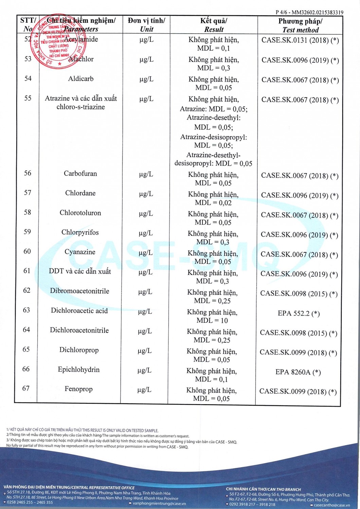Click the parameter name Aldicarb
pos(81,79)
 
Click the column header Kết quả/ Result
pos(214,25)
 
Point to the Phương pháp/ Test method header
pos(300,25)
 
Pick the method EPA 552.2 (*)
pos(299,313)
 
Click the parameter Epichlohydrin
pos(79,370)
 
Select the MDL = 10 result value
pos(212,320)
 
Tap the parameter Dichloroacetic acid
pos(79,310)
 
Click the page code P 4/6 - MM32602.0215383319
pos(309,12)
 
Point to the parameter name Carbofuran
pos(80,173)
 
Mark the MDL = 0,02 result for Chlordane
pos(213,203)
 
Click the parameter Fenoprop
pos(78,389)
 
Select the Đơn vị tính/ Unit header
pos(146,25)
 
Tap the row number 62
pos(27,290)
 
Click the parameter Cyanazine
pos(80,252)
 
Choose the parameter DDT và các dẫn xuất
pos(80,271)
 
